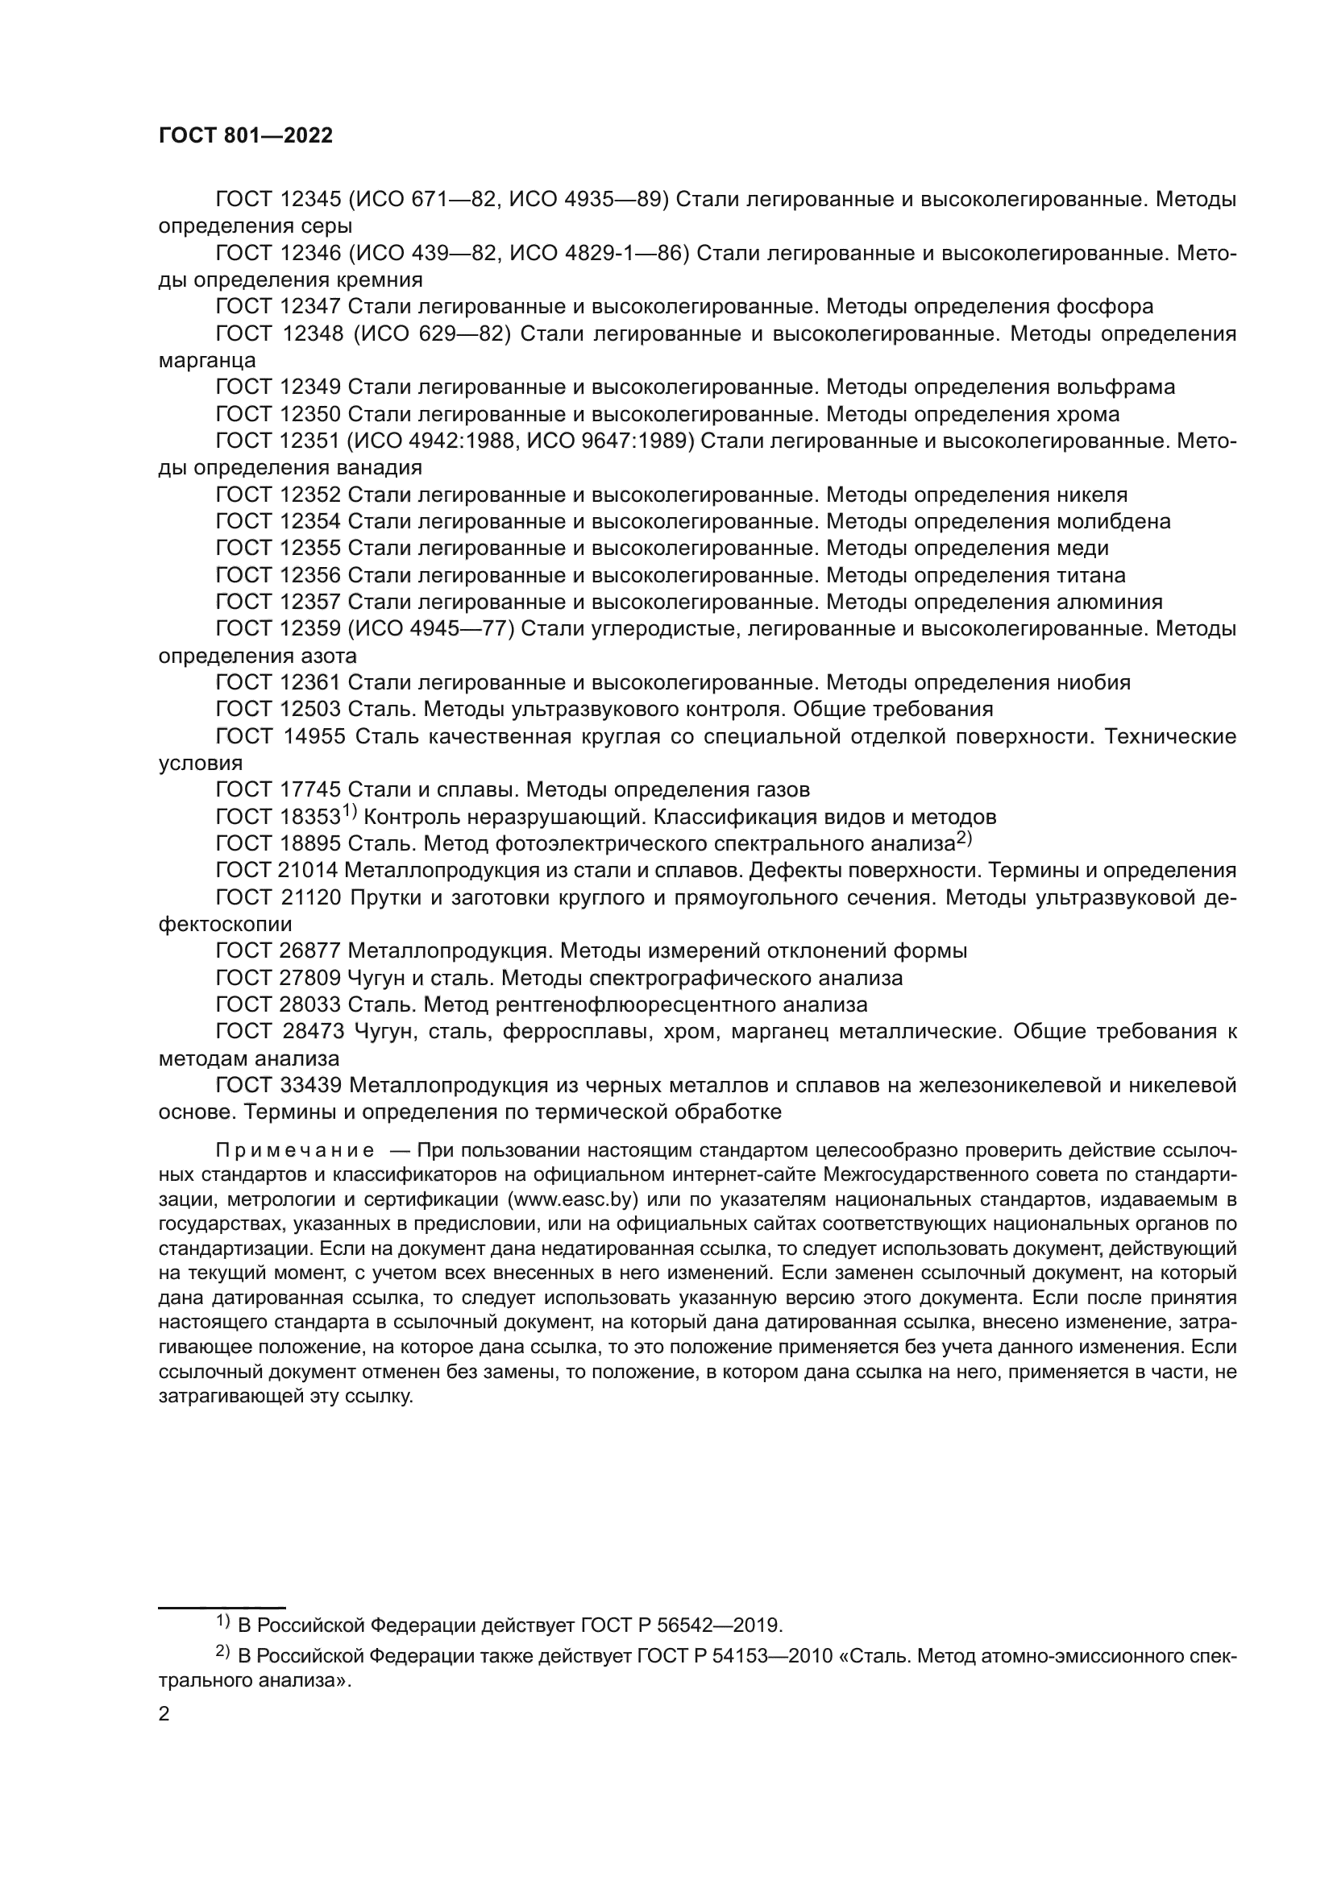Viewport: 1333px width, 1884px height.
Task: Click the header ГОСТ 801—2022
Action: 246,136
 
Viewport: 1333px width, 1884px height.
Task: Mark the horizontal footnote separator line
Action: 221,1584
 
